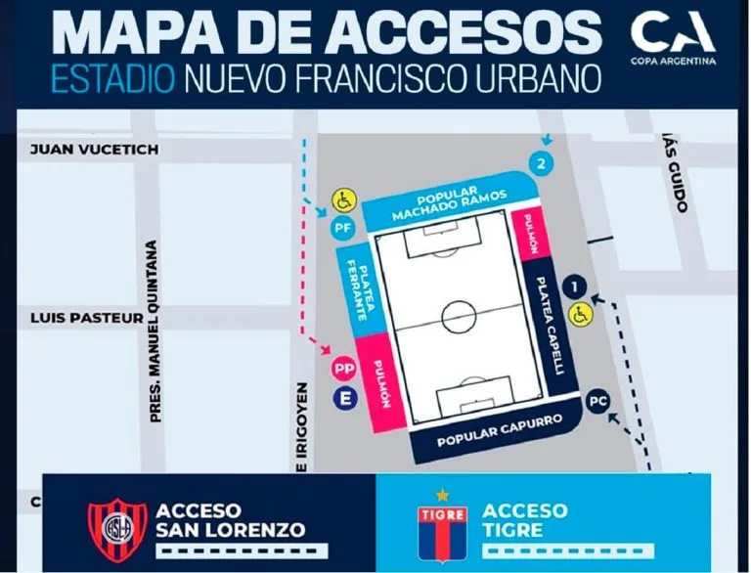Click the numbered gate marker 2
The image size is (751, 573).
[x=538, y=162]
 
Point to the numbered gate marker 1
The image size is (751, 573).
[x=576, y=286]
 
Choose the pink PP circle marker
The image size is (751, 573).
[x=343, y=369]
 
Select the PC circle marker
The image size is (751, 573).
[x=596, y=401]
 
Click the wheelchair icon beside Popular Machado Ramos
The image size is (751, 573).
[x=343, y=200]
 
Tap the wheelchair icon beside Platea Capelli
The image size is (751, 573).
[x=580, y=315]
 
